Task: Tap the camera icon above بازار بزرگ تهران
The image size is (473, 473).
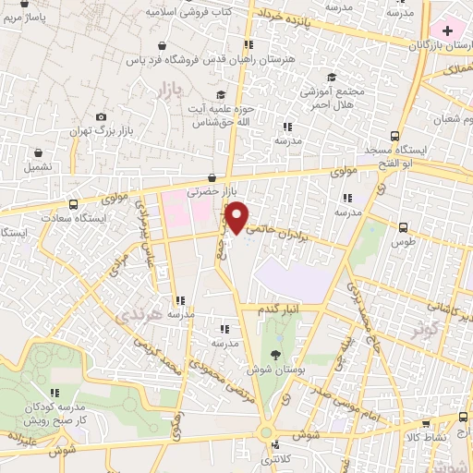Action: click(x=101, y=117)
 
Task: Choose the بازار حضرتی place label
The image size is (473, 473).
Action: click(x=205, y=193)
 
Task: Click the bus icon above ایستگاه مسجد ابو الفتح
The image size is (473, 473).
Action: click(x=395, y=135)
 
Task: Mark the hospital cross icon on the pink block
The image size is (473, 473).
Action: click(x=448, y=31)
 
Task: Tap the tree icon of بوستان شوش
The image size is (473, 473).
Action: click(x=276, y=354)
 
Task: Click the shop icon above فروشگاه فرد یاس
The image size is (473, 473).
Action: click(x=164, y=44)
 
